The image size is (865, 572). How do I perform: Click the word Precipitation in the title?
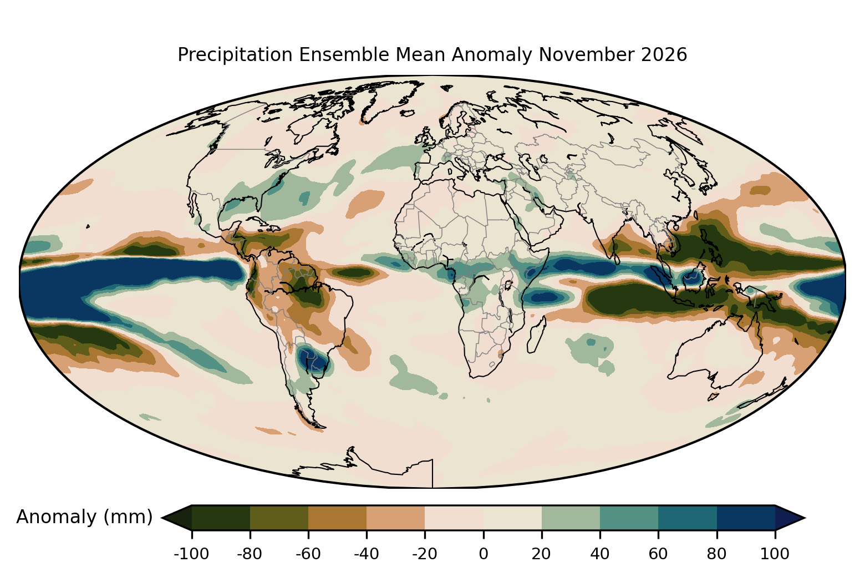pos(235,55)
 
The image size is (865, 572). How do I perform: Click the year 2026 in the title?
pos(664,54)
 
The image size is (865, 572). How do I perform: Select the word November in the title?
pos(586,54)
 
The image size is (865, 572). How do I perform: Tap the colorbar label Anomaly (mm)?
pos(85,517)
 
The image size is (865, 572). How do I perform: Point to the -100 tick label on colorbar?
pos(191,554)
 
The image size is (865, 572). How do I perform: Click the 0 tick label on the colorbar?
pos(484,554)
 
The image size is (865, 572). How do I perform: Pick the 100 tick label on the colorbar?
pos(775,554)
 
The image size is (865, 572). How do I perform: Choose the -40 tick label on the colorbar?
pos(367,554)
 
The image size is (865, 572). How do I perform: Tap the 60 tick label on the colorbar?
pos(658,554)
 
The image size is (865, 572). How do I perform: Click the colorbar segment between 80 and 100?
pos(746,518)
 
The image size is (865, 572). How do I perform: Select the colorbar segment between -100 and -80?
pos(221,518)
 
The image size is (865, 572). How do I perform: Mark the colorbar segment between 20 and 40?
pos(571,518)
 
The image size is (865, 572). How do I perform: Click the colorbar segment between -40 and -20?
pos(395,518)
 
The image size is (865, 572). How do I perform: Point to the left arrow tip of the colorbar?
pos(161,518)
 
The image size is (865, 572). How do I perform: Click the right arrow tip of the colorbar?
pos(806,518)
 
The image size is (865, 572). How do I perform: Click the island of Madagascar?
pos(537,335)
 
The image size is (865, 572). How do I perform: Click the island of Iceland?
pos(408,113)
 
